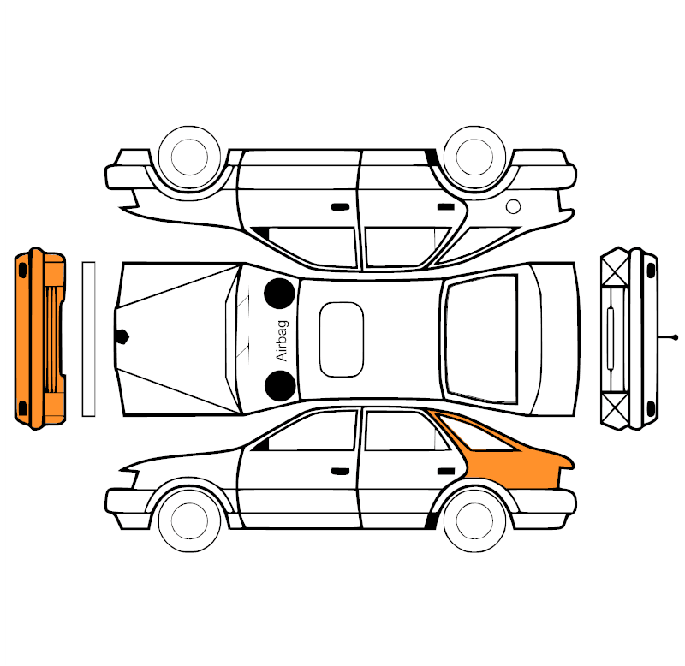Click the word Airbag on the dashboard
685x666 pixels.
click(x=283, y=340)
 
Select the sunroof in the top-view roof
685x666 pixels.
click(x=341, y=339)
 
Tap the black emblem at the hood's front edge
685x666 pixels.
click(x=122, y=336)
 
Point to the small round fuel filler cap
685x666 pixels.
click(x=513, y=206)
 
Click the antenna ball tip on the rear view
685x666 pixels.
click(x=676, y=337)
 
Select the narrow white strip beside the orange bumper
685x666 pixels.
click(x=89, y=339)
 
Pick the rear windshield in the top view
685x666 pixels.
click(x=481, y=339)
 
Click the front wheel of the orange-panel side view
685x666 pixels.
click(x=189, y=520)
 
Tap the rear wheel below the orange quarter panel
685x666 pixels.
click(x=474, y=520)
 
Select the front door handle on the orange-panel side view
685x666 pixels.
click(x=340, y=471)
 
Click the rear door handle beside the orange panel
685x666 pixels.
click(x=446, y=471)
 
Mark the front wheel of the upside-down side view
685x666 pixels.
click(x=189, y=158)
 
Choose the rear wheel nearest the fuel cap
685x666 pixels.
click(x=474, y=158)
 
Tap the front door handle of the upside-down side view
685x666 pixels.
click(x=340, y=206)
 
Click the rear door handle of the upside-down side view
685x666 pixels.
click(x=446, y=206)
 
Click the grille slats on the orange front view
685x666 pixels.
click(x=51, y=339)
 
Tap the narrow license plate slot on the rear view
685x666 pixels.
click(x=611, y=338)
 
